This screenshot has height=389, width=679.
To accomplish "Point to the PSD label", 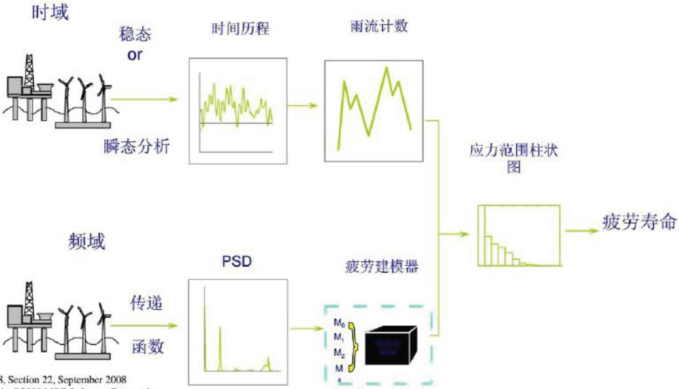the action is coord(236,260).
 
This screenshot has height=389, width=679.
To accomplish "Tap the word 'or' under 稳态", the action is coord(135,55).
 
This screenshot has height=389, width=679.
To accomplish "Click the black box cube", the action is coord(390,345).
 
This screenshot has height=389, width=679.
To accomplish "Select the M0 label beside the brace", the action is coord(339,324).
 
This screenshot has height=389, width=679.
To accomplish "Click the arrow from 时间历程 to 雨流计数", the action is coord(304,105).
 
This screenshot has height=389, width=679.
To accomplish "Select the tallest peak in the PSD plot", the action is coord(205,295).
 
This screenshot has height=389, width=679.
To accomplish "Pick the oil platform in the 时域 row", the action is coord(28,88).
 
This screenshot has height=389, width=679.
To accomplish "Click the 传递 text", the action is coord(146,304).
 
